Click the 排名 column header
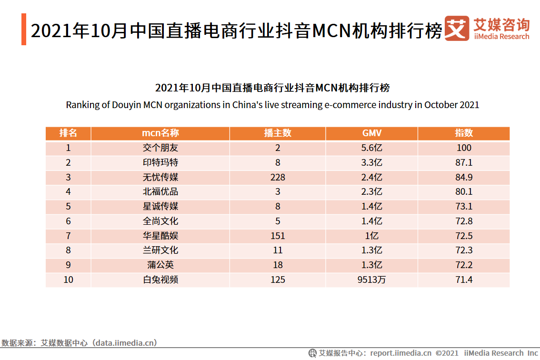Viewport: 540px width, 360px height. click(x=68, y=133)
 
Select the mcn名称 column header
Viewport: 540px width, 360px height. click(x=160, y=133)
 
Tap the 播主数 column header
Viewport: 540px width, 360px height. click(x=278, y=133)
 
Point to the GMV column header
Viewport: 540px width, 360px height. click(x=371, y=133)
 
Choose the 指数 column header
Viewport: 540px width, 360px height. click(x=463, y=133)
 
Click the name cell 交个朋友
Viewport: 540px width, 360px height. click(x=160, y=148)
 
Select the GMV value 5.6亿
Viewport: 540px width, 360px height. click(x=371, y=148)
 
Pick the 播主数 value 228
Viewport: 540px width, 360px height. click(x=278, y=177)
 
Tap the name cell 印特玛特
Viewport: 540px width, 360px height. click(x=160, y=162)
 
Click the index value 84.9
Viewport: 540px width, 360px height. click(x=463, y=177)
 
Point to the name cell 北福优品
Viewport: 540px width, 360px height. click(x=160, y=192)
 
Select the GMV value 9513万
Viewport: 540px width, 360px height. click(x=371, y=280)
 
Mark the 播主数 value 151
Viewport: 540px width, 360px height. click(x=278, y=236)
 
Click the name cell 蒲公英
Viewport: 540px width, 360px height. click(x=160, y=265)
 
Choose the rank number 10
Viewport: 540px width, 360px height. click(x=68, y=280)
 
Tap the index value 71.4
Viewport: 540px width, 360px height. click(x=463, y=280)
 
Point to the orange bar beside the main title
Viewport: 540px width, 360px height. click(x=24, y=30)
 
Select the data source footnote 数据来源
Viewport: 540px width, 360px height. click(x=79, y=342)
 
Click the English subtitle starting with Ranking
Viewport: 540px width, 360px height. click(x=272, y=105)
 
